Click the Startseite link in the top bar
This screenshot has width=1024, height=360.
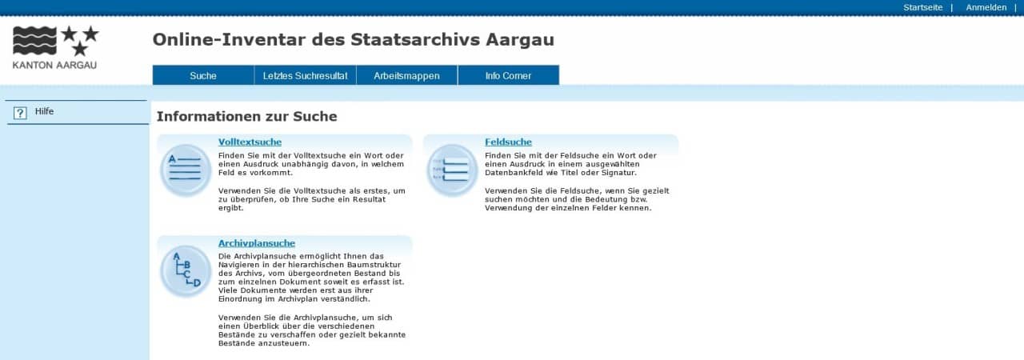pos(922,7)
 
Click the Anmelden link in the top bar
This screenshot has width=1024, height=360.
pos(986,7)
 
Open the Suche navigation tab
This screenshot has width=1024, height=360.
pos(203,75)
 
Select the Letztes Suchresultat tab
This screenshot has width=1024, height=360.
pos(305,75)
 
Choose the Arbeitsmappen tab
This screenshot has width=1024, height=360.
pos(406,75)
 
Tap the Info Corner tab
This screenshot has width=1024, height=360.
pos(508,75)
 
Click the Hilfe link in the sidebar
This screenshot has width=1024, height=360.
pos(44,111)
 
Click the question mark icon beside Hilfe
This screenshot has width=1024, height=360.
pos(20,113)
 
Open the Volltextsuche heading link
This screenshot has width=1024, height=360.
pos(250,142)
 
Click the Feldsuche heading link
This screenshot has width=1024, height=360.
pos(508,142)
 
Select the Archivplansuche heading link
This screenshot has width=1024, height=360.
pos(257,243)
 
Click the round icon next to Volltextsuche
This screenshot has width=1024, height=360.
pos(185,170)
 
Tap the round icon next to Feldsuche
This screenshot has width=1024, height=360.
pos(452,170)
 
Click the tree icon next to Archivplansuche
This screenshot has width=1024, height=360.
pos(185,271)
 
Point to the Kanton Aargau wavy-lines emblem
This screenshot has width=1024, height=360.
pos(34,40)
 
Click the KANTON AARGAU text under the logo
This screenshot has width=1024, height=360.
pos(54,66)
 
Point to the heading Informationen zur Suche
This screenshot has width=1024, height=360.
pos(247,117)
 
